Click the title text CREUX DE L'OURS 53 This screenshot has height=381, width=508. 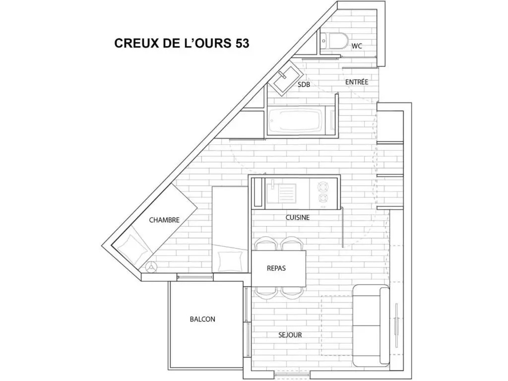(182, 43)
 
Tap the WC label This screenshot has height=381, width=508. (357, 46)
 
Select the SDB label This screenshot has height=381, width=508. (304, 84)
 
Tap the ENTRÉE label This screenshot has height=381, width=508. (357, 82)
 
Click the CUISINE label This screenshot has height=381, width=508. (298, 217)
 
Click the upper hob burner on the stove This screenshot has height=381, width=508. (322, 187)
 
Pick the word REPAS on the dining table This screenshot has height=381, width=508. (276, 268)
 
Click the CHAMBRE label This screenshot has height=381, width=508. (164, 220)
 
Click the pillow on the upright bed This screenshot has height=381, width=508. (230, 261)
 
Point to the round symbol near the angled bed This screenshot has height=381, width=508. (151, 267)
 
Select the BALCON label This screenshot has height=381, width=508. (202, 319)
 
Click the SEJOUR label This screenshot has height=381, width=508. (290, 335)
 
